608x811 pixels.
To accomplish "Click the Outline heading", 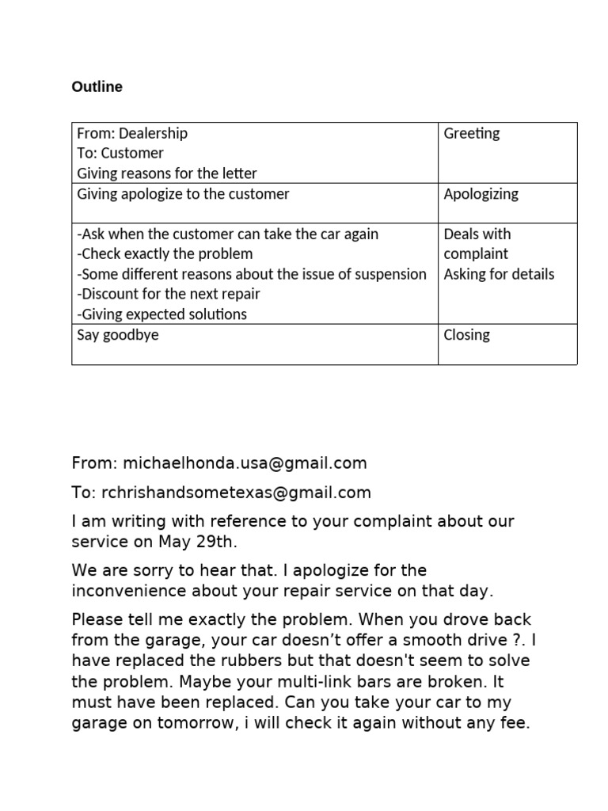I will pyautogui.click(x=97, y=87).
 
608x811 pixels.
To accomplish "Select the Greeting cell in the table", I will pyautogui.click(x=472, y=133).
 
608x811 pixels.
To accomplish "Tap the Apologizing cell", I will pyautogui.click(x=481, y=194).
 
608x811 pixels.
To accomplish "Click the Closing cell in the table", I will pyautogui.click(x=466, y=334).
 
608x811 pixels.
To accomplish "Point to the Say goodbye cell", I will pyautogui.click(x=117, y=334).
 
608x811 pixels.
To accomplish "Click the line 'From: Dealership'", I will pyautogui.click(x=132, y=133).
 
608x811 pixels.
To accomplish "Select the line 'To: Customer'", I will pyautogui.click(x=120, y=153).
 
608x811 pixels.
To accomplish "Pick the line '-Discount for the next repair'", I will pyautogui.click(x=169, y=294).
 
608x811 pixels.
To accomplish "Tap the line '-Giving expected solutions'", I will pyautogui.click(x=161, y=314).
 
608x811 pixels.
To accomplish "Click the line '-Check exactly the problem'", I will pyautogui.click(x=165, y=254).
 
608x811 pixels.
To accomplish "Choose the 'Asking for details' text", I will pyautogui.click(x=499, y=275).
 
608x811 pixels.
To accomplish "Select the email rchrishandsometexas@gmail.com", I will pyautogui.click(x=236, y=493).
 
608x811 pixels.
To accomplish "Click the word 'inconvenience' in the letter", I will pyautogui.click(x=123, y=591).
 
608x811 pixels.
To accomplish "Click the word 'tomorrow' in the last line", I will pyautogui.click(x=213, y=722).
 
